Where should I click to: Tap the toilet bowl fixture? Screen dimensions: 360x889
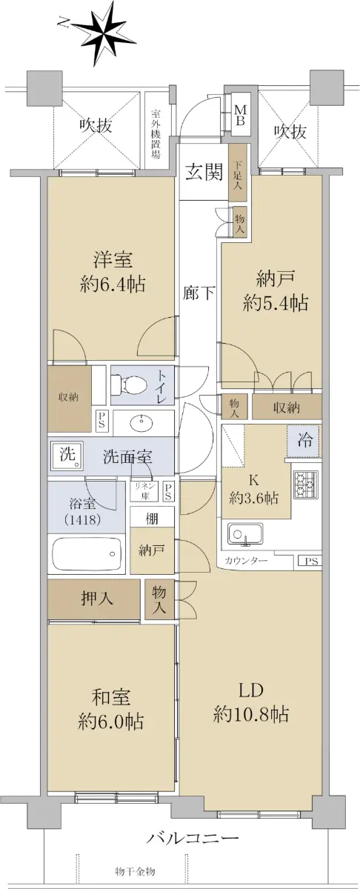click(128, 385)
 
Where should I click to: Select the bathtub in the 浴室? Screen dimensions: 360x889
click(86, 554)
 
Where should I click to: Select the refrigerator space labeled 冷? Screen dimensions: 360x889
click(303, 441)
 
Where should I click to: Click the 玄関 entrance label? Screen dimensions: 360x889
click(204, 173)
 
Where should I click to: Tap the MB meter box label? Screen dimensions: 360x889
click(240, 115)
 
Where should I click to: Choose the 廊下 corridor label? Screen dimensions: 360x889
click(199, 293)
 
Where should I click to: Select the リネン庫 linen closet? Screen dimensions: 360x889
click(144, 491)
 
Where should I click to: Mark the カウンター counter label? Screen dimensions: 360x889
click(246, 560)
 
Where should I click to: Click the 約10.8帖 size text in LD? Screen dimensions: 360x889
click(251, 726)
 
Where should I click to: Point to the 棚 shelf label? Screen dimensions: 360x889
click(152, 519)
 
